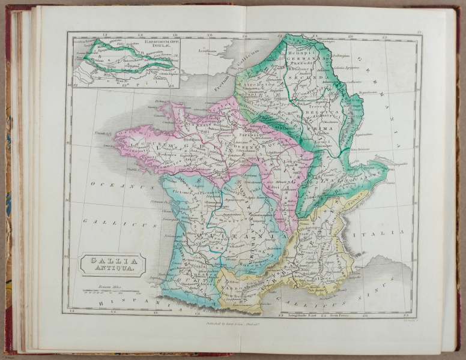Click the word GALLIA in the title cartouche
click(x=112, y=261)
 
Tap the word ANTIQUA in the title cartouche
click(x=112, y=269)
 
